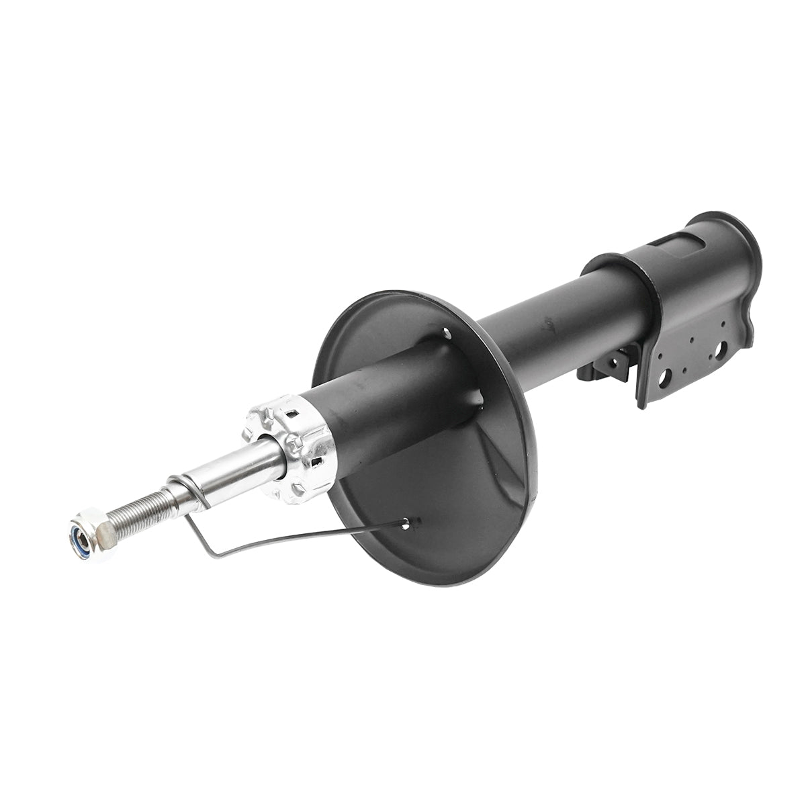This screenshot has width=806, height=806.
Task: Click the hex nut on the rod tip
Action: point(93,535)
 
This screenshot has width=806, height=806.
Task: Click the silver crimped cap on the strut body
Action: point(292,447)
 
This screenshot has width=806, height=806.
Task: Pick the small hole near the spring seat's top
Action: point(447,330)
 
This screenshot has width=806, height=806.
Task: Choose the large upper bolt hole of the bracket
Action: point(721,349)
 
